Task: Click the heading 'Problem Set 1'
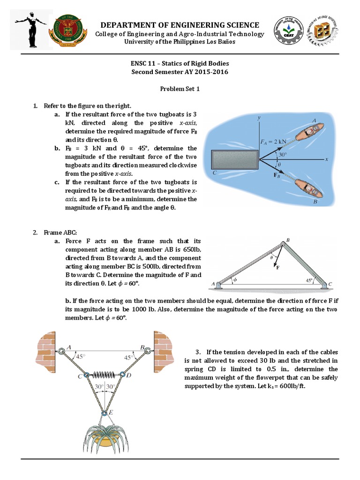tap(180, 89)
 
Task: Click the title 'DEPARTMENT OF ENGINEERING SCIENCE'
tap(180, 25)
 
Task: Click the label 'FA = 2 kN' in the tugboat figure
tap(274, 141)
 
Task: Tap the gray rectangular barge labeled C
tap(234, 159)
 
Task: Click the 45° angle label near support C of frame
tap(309, 280)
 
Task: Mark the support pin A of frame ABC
tap(219, 284)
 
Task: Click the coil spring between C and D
tap(104, 375)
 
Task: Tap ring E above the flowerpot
tap(104, 413)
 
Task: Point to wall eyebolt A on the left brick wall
tap(61, 351)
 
